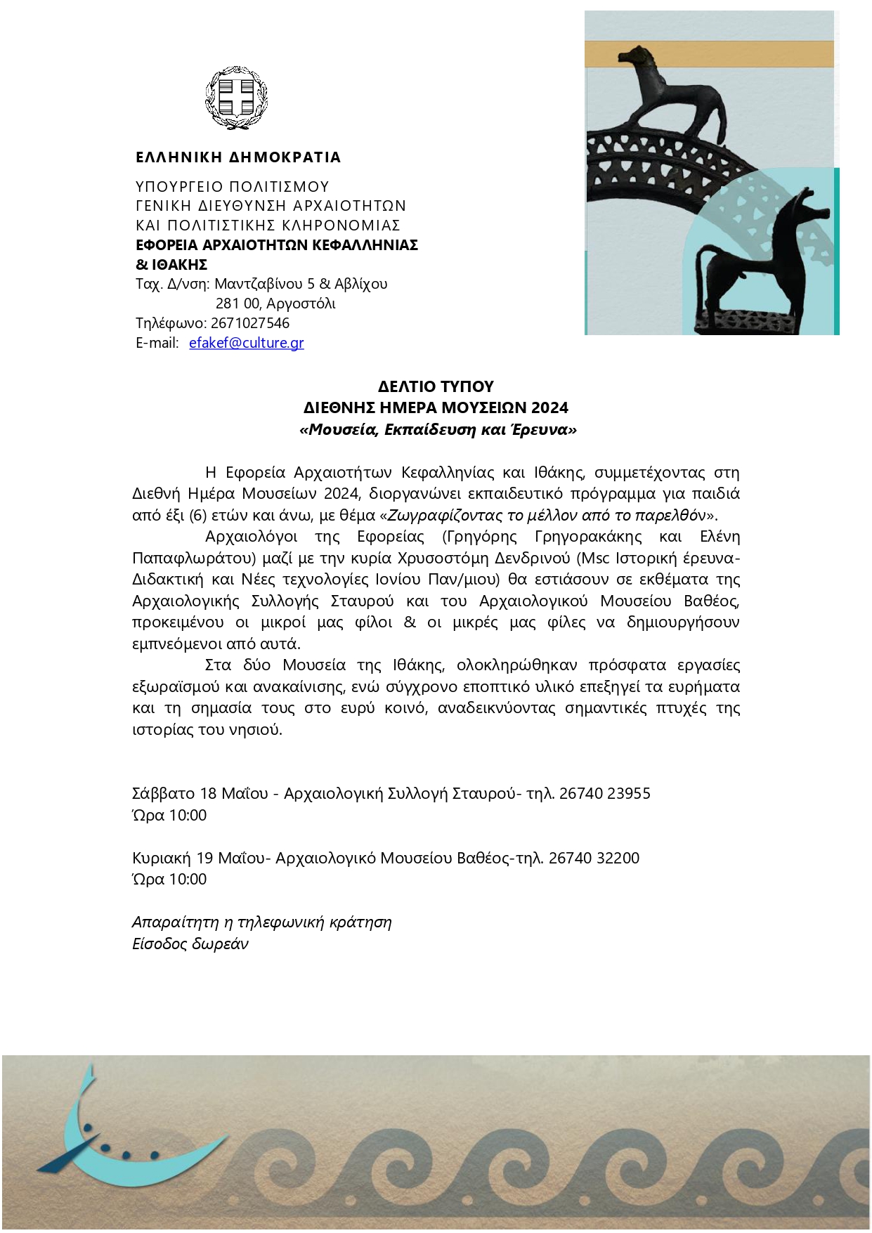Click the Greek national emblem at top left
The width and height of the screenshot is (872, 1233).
point(236,98)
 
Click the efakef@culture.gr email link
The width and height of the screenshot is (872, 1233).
point(246,343)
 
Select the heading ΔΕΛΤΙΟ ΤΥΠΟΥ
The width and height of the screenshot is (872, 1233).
point(436,386)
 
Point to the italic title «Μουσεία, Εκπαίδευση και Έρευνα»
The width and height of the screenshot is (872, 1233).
point(438,429)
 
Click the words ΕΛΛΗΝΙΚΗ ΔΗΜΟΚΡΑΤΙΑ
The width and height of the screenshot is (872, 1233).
point(238,157)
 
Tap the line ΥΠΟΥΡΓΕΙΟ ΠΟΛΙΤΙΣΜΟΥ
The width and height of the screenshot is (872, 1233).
point(233,187)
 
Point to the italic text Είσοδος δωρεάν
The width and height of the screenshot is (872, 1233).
point(190,944)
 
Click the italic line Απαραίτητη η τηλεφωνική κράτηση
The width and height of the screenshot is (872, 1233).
point(261,922)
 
